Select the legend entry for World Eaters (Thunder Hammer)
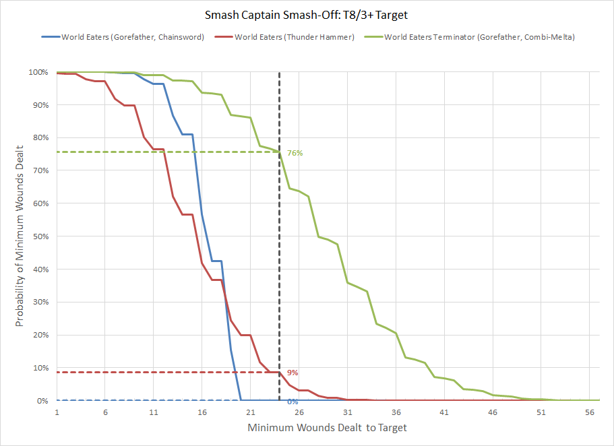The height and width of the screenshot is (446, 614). tap(295, 37)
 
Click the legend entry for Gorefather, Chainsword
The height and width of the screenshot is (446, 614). tap(132, 37)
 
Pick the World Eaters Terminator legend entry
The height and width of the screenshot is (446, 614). tap(479, 37)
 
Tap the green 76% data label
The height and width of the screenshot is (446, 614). tap(295, 154)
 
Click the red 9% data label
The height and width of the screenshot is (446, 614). tap(293, 373)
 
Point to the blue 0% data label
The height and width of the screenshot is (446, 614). tap(293, 402)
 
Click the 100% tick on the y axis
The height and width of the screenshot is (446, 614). tap(38, 72)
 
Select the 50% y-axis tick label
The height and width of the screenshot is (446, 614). tap(40, 236)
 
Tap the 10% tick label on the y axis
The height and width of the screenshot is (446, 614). tap(40, 368)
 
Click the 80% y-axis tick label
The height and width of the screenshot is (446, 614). tap(40, 138)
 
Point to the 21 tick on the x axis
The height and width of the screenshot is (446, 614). tap(250, 412)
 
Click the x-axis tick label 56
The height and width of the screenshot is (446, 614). tap(589, 412)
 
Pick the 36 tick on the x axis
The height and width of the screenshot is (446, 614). tap(396, 412)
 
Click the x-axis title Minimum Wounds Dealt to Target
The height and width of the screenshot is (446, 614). tap(327, 428)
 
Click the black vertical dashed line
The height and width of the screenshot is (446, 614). tap(279, 269)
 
